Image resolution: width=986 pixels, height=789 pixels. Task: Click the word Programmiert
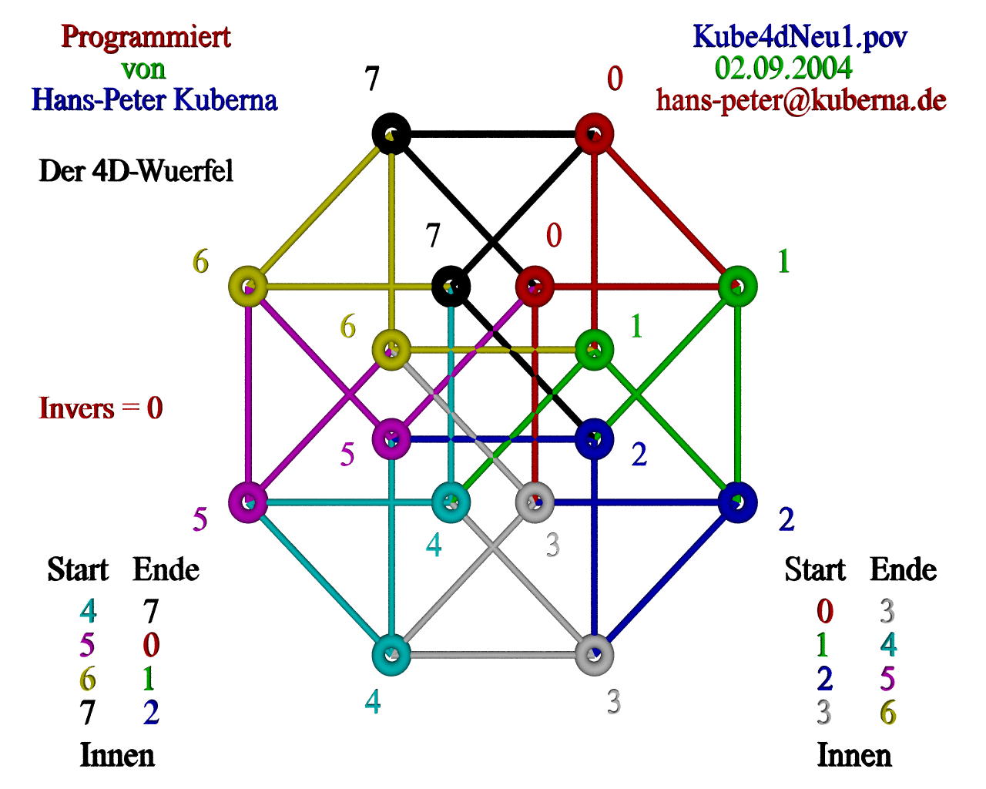pos(146,36)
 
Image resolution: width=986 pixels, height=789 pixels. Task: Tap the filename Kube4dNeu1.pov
pos(800,36)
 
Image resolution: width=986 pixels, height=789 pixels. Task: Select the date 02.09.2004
pos(783,68)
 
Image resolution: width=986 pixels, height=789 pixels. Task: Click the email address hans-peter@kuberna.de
pos(801,100)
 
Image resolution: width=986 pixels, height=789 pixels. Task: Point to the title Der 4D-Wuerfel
pos(136,170)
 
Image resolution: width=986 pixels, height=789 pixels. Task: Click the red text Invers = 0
pos(101,408)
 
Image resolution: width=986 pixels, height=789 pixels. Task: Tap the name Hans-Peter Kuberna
pos(154,100)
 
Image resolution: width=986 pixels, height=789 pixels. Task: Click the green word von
pos(143,69)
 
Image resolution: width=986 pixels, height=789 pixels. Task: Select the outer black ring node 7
pos(391,134)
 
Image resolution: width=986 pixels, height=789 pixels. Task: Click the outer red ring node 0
pos(594,134)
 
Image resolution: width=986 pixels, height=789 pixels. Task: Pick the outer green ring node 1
pos(738,287)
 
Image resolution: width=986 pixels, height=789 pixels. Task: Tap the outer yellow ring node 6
pos(248,287)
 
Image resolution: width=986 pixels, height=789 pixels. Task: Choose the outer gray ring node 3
pos(594,655)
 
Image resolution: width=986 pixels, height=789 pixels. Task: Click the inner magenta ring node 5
pos(391,439)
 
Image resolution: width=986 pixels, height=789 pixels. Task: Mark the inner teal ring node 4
pos(451,502)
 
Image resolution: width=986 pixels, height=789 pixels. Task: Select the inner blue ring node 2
pos(594,439)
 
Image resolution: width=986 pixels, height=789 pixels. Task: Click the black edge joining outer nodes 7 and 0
pos(493,134)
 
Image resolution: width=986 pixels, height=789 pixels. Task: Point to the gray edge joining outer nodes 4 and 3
pos(493,655)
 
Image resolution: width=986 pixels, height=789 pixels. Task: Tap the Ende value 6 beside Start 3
pos(887,713)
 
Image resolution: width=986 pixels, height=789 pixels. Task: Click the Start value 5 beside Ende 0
pos(87,644)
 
